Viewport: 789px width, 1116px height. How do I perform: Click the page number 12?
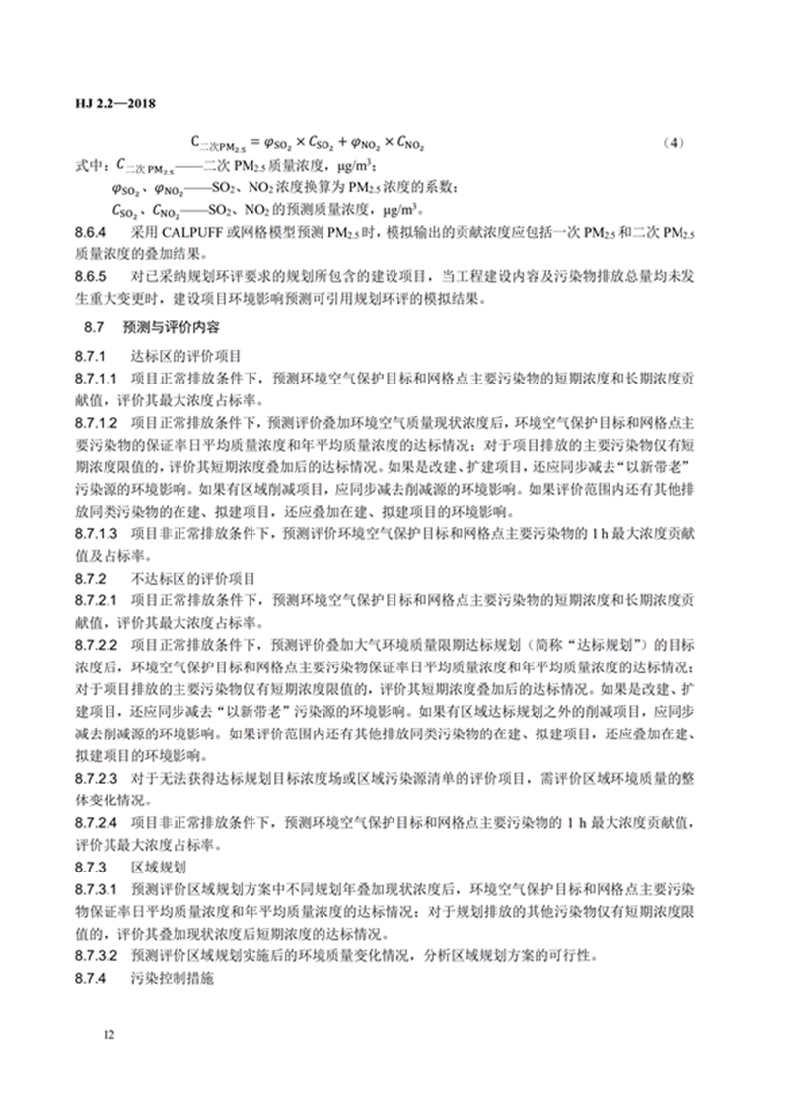pyautogui.click(x=108, y=1034)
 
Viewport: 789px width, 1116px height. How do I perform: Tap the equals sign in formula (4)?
pyautogui.click(x=255, y=144)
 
